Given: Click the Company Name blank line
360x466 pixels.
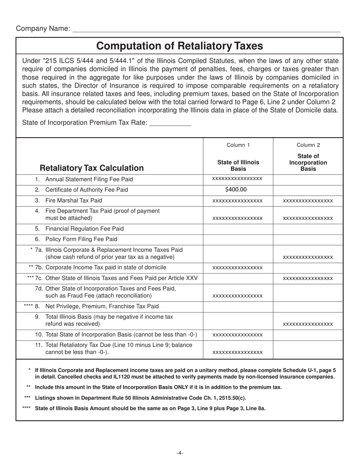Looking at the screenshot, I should click(x=206, y=29).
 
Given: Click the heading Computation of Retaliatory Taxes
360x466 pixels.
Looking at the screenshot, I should click(x=179, y=46).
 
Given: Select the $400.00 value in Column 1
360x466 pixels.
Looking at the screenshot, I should click(x=238, y=189).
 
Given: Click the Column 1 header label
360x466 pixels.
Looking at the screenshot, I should click(x=238, y=145).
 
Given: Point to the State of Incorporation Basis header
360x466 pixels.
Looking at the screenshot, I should click(x=308, y=162).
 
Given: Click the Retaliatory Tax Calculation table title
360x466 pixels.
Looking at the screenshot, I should click(x=92, y=168).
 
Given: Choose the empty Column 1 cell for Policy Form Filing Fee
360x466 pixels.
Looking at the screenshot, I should click(x=238, y=239).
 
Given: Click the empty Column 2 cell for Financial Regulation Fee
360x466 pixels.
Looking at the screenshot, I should click(x=308, y=228).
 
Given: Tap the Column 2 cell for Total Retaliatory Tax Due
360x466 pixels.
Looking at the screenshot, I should click(x=308, y=349).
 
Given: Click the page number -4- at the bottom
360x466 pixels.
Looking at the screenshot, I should click(x=180, y=453).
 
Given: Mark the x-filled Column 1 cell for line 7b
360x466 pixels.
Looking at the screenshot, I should click(x=238, y=268).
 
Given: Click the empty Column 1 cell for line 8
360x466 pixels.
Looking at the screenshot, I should click(x=238, y=306).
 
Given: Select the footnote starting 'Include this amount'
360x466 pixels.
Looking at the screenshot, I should click(x=158, y=387).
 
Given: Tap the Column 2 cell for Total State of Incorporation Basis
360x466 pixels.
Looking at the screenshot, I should click(x=308, y=335).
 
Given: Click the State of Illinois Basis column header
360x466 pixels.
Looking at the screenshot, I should click(x=238, y=165).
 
